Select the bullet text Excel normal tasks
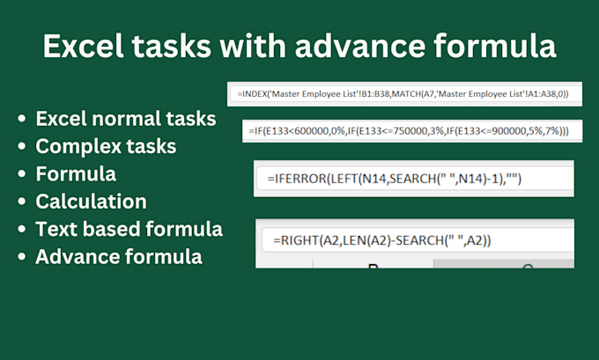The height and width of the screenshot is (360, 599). pyautogui.click(x=126, y=118)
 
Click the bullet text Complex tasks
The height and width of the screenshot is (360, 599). pyautogui.click(x=106, y=145)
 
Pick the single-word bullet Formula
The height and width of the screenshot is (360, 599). pyautogui.click(x=76, y=173)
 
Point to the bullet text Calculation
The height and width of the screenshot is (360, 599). pyautogui.click(x=91, y=202)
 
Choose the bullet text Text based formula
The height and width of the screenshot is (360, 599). pyautogui.click(x=129, y=230)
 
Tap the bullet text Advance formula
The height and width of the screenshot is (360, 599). pyautogui.click(x=119, y=258)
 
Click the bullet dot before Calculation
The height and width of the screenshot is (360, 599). pyautogui.click(x=20, y=202)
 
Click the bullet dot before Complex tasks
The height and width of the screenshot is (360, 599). pyautogui.click(x=20, y=146)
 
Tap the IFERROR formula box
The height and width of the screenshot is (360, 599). pyautogui.click(x=413, y=179)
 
